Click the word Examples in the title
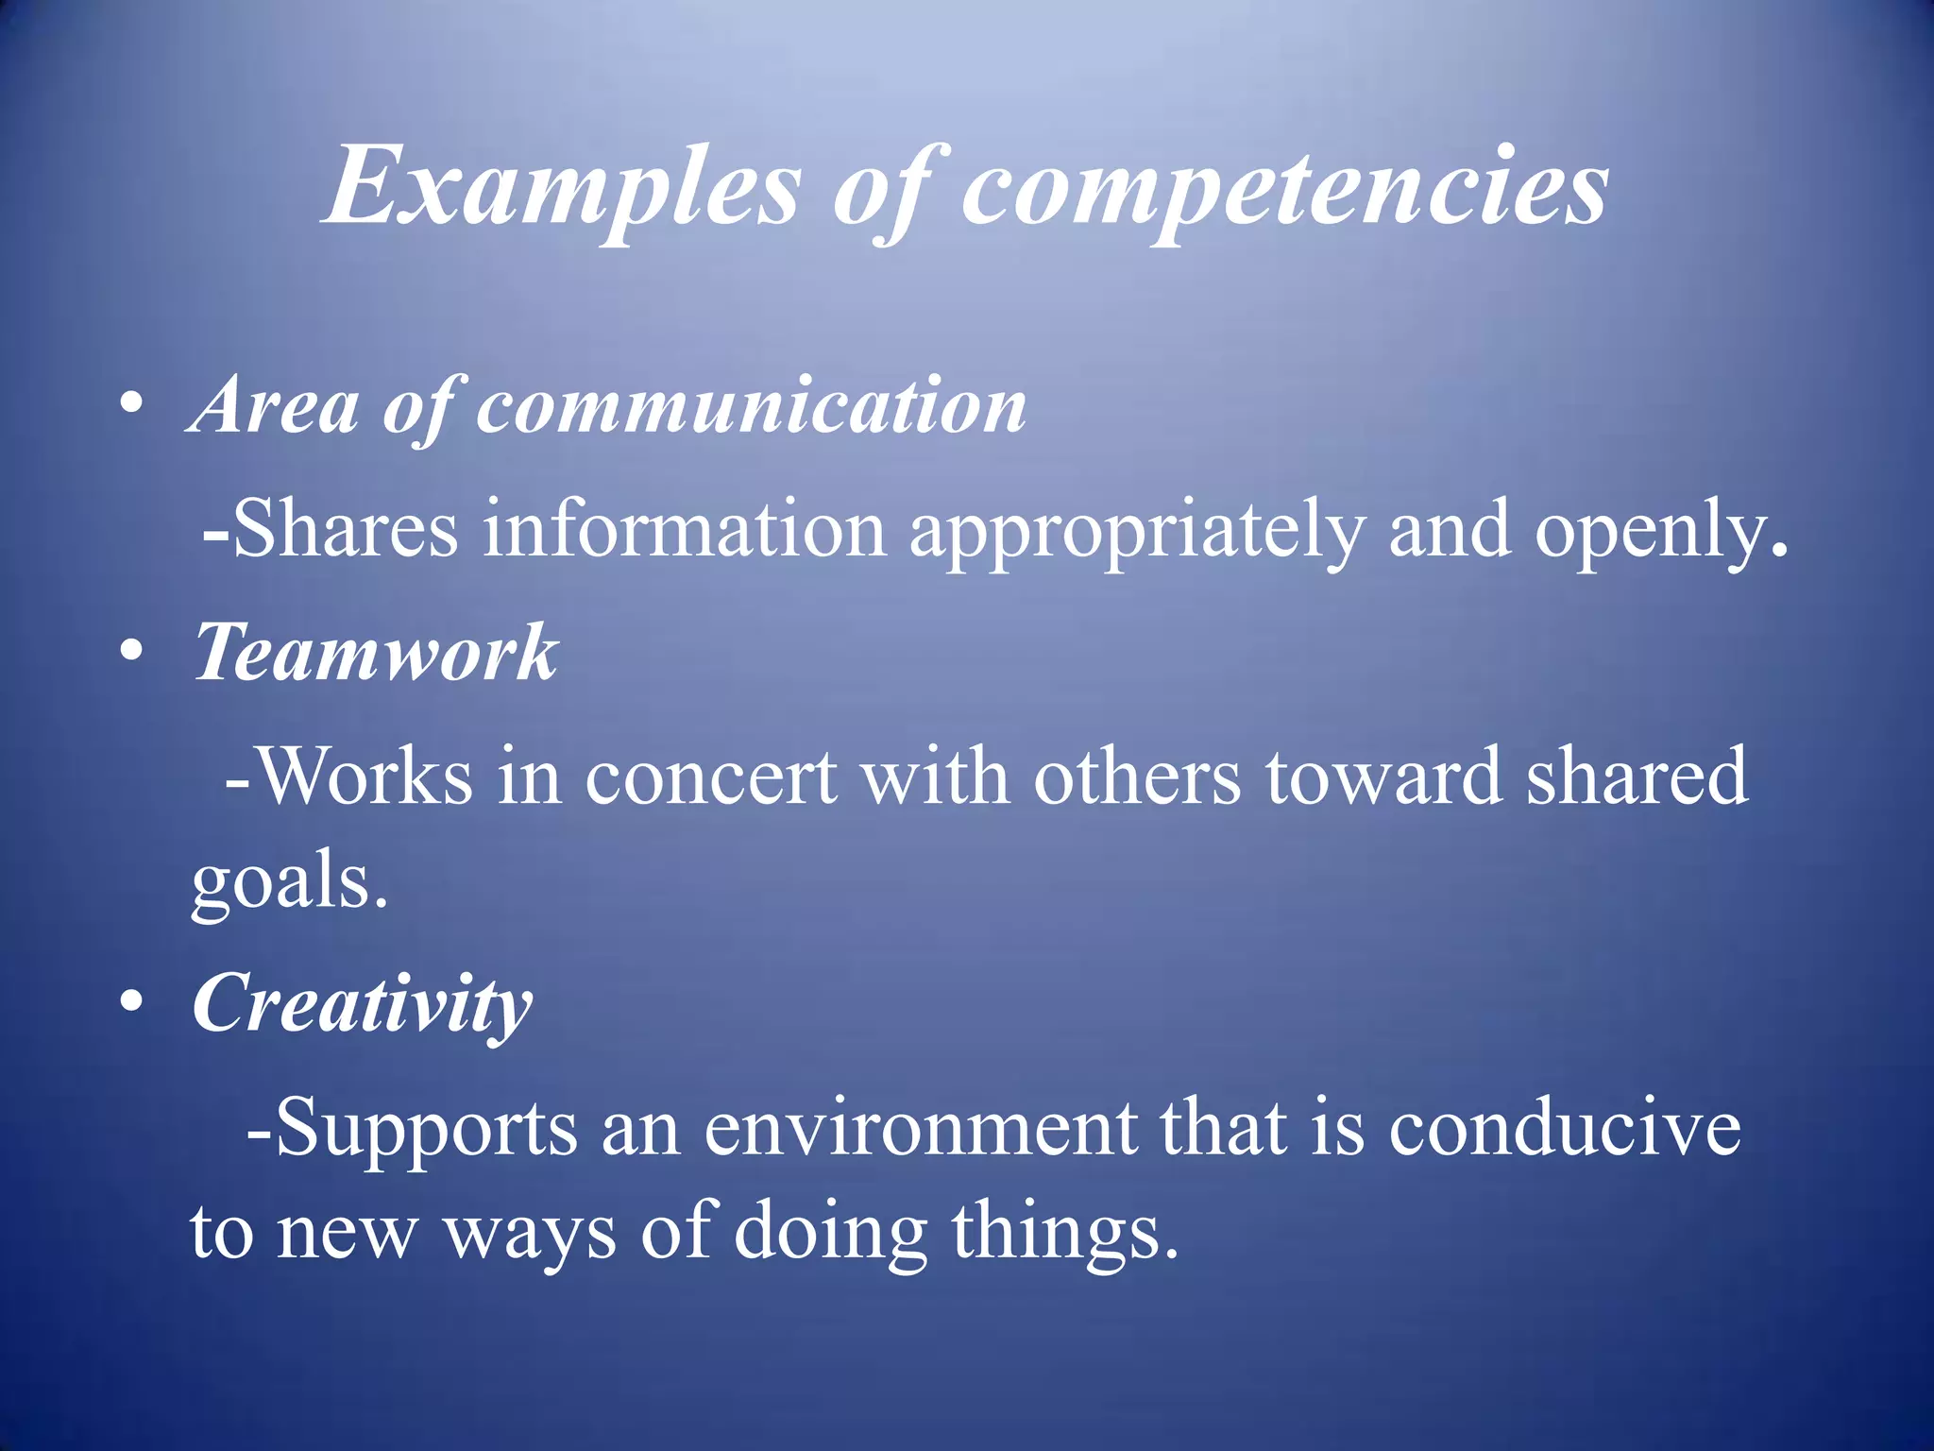[x=563, y=186]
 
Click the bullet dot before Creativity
[x=131, y=1003]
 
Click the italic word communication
[x=751, y=406]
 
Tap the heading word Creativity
[x=363, y=1005]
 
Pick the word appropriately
[x=1137, y=531]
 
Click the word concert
[x=710, y=777]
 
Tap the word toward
[x=1383, y=777]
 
